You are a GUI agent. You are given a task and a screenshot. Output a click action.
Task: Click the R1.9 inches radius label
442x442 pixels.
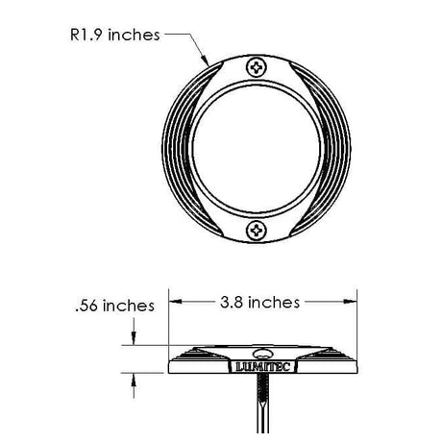point(115,35)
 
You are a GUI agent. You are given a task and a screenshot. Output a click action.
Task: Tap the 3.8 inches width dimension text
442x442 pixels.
point(259,303)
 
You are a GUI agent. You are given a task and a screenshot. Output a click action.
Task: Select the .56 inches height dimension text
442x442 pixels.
point(115,306)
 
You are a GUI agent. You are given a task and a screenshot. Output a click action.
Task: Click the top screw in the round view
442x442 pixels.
point(257,67)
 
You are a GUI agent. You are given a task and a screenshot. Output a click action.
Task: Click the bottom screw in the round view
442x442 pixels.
point(257,230)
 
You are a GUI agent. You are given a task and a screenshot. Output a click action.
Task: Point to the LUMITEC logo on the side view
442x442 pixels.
point(263,366)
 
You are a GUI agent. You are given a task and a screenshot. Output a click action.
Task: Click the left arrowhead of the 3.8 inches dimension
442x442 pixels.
point(175,302)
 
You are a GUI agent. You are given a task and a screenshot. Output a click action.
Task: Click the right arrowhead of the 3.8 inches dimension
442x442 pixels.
point(350,302)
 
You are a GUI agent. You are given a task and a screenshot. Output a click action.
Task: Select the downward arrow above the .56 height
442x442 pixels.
point(134,331)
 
